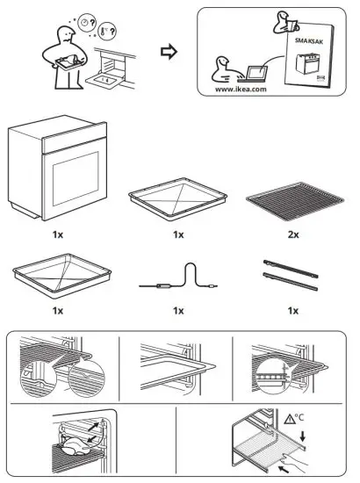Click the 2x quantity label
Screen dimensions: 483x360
[293, 235]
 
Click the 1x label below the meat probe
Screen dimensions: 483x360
[179, 310]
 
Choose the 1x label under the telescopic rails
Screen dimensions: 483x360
[293, 310]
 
